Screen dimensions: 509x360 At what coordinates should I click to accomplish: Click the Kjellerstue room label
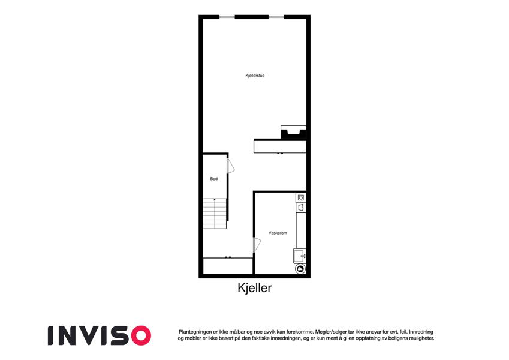[x=255, y=76]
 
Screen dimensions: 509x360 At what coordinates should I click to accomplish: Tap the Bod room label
[x=213, y=179]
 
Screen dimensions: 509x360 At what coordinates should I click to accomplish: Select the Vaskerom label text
[x=278, y=233]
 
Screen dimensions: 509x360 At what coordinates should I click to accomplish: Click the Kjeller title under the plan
[x=254, y=288]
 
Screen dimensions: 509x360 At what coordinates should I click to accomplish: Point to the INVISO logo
[x=100, y=335]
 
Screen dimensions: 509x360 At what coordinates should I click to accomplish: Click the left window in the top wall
[x=227, y=17]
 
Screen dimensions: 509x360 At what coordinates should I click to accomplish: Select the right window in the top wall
[x=276, y=17]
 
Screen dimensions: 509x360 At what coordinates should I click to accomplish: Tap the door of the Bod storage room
[x=230, y=166]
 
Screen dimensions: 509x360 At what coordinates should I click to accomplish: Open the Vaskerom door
[x=257, y=245]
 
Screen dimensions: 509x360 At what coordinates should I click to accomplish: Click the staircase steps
[x=215, y=214]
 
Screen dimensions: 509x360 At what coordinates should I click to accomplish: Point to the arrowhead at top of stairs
[x=215, y=199]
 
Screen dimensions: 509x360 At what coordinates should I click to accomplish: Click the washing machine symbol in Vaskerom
[x=301, y=197]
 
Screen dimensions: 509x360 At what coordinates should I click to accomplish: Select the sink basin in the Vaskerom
[x=300, y=256]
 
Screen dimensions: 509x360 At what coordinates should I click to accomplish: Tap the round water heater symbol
[x=300, y=268]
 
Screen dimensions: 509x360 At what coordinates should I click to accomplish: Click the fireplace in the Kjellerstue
[x=293, y=132]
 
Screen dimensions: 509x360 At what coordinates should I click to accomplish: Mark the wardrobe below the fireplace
[x=280, y=146]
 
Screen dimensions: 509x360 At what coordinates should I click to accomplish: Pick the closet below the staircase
[x=228, y=266]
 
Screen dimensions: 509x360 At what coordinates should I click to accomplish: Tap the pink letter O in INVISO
[x=141, y=335]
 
